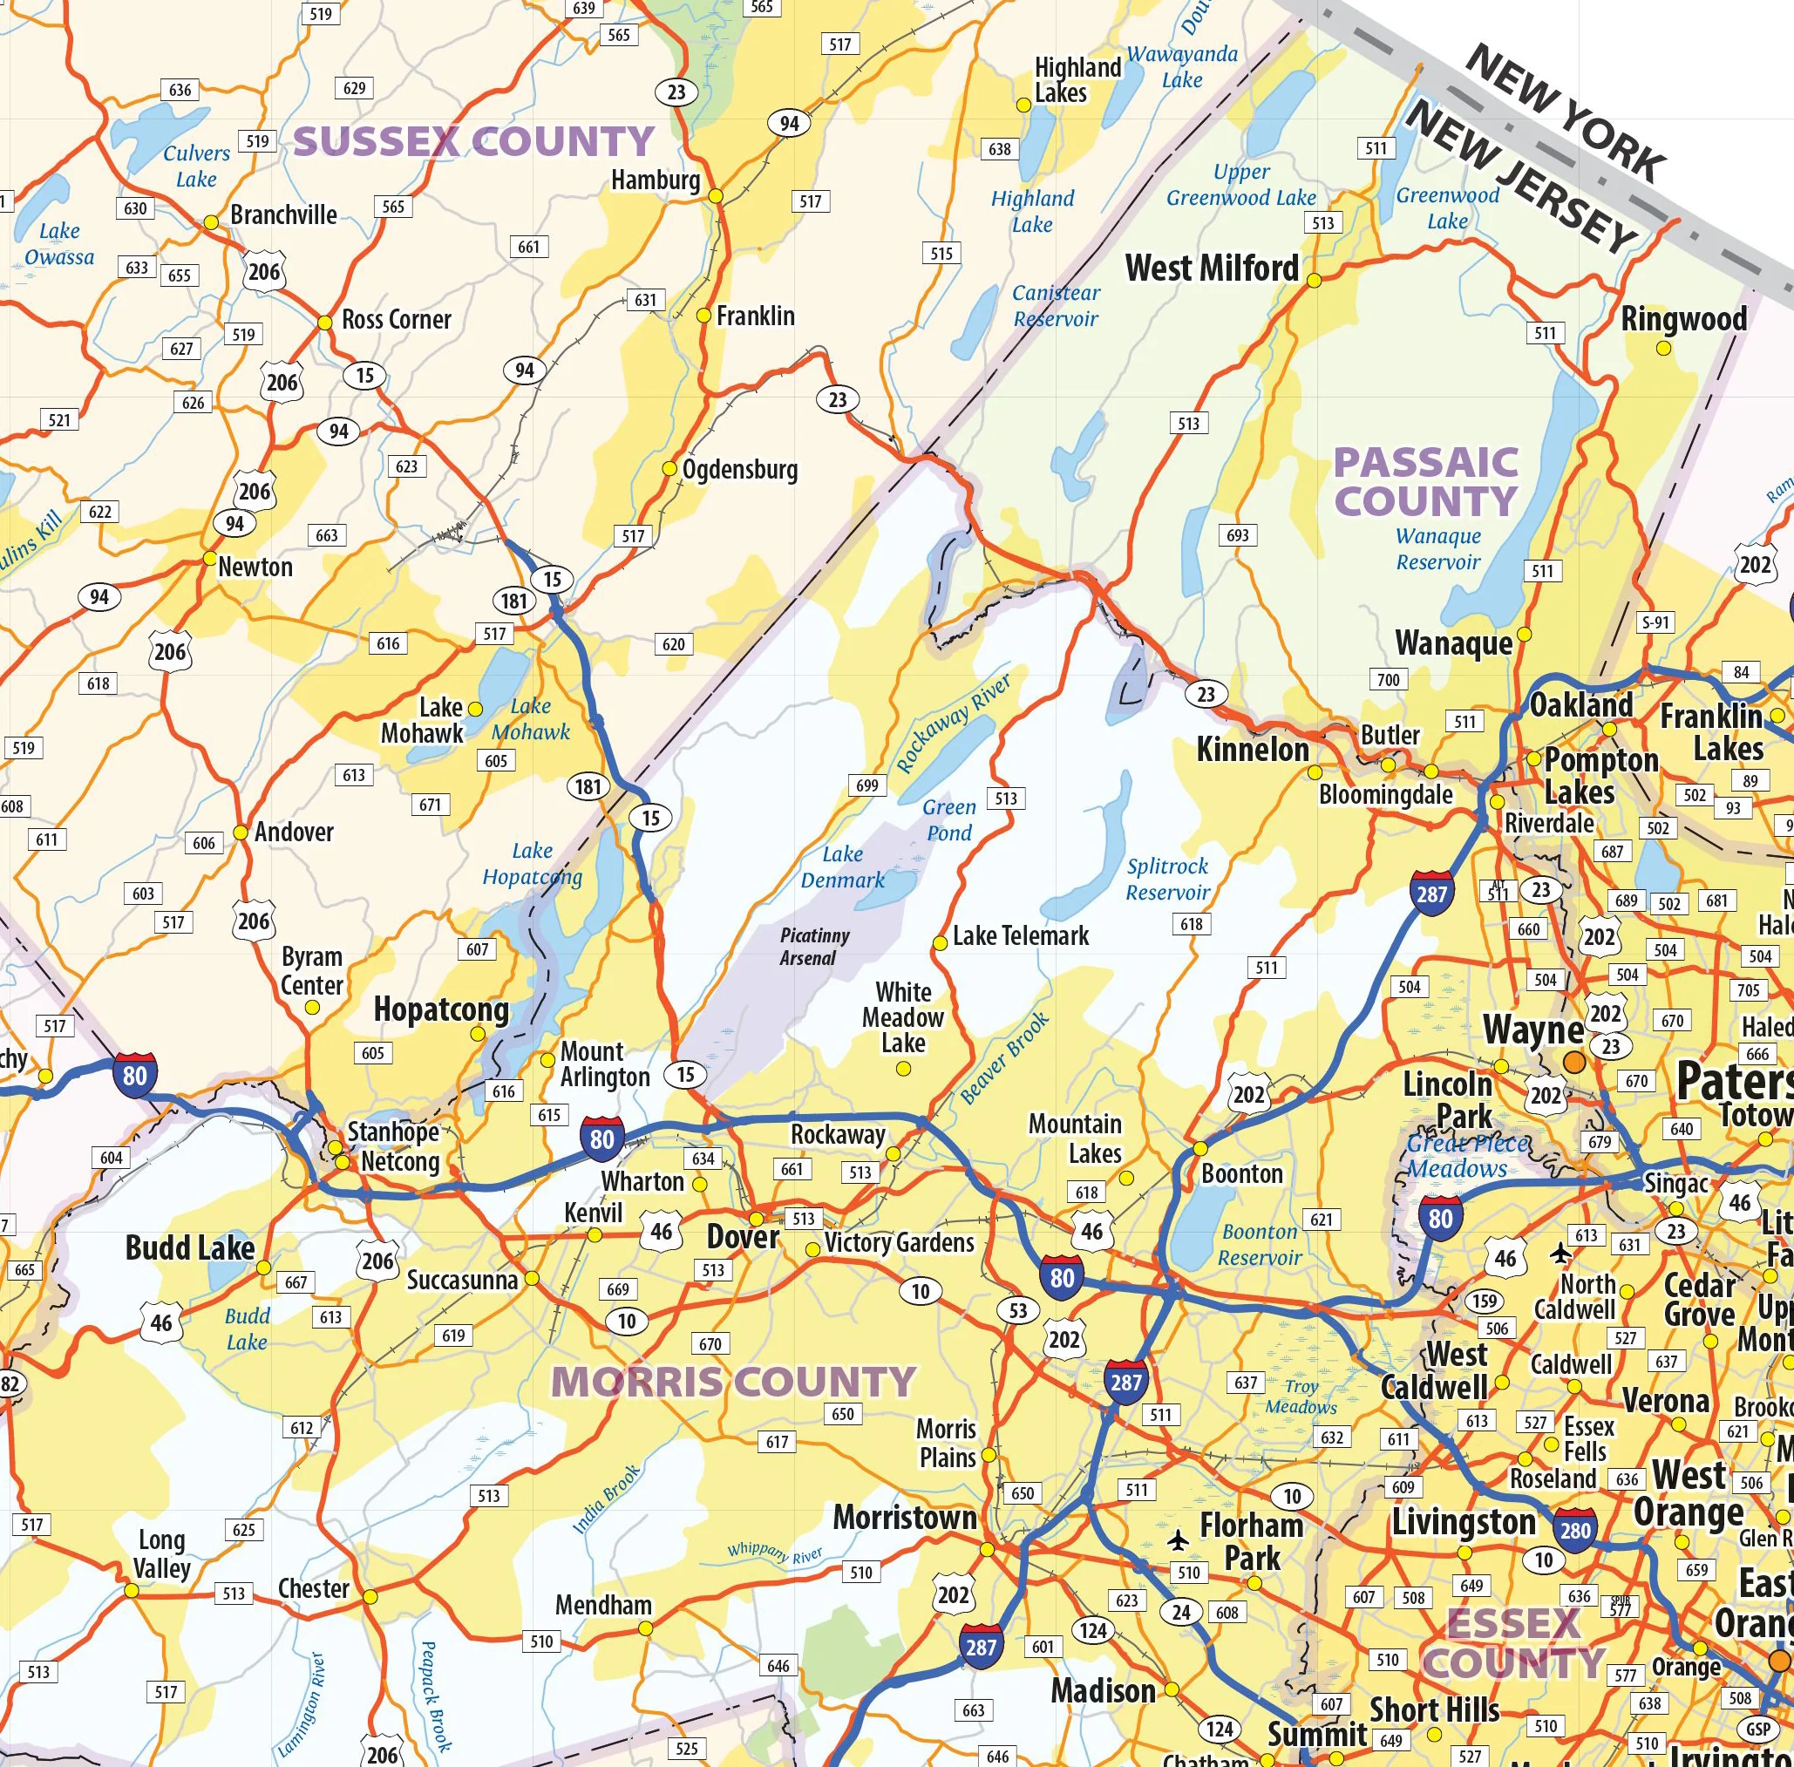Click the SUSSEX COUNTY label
click(x=474, y=142)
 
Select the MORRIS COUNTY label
click(x=733, y=1382)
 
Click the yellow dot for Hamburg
click(x=716, y=197)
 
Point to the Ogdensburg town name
click(x=740, y=470)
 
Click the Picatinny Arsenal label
click(x=814, y=947)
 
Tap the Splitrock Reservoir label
click(x=1167, y=879)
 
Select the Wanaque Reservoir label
click(x=1437, y=548)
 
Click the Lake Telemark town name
click(x=1021, y=935)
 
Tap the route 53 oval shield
click(x=1018, y=1310)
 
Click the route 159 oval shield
click(x=1484, y=1301)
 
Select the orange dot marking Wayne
click(x=1574, y=1061)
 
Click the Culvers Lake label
click(x=197, y=167)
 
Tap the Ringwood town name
click(x=1683, y=319)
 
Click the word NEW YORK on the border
click(x=1565, y=113)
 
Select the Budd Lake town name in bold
click(x=189, y=1248)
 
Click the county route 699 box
click(x=866, y=785)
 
